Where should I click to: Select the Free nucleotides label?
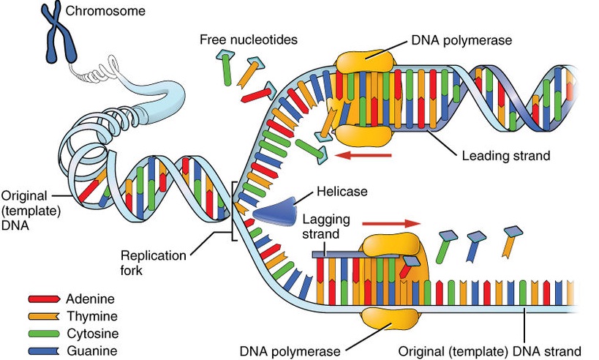coord(249,39)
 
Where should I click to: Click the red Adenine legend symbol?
coord(43,299)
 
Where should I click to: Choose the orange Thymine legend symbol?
coord(43,317)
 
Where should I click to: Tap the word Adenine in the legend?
coord(90,299)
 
